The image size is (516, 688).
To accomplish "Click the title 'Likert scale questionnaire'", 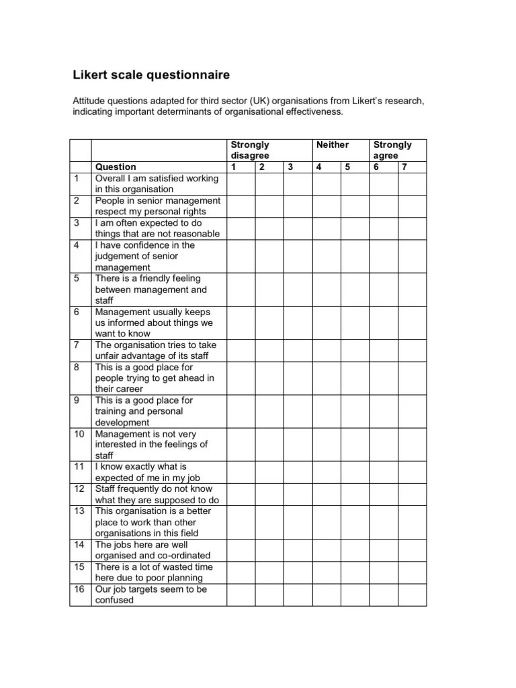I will click(x=151, y=74).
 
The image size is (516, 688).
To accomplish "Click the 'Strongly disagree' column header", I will click(x=249, y=150).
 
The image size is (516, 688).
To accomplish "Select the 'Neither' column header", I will click(x=333, y=144).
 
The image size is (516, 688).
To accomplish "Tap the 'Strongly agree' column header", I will click(x=392, y=150).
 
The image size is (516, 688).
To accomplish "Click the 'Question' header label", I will click(x=116, y=167).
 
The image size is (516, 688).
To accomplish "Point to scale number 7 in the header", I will click(x=404, y=167).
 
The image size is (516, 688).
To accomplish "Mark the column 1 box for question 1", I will click(x=241, y=183).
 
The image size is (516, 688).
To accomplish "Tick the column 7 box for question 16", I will click(x=412, y=595).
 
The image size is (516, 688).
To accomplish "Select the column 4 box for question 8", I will click(x=326, y=378).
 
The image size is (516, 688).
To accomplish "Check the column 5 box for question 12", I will click(x=355, y=494).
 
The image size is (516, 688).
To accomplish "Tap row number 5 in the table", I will click(x=77, y=278).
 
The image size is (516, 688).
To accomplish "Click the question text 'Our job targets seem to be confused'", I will click(x=151, y=595).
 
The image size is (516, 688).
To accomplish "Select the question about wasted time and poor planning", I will click(x=153, y=572).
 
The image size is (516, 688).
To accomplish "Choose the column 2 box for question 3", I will click(x=269, y=228).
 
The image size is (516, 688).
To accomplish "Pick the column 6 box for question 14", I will click(x=384, y=550).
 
